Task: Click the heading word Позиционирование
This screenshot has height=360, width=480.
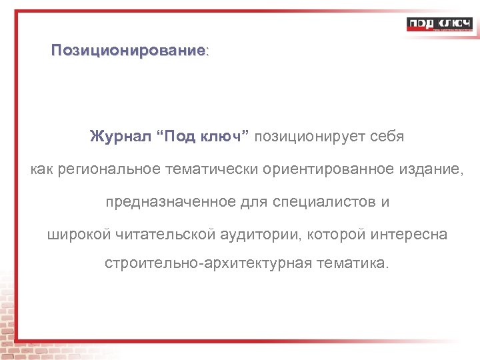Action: coord(129,51)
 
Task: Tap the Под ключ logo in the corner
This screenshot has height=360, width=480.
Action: coord(439,25)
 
